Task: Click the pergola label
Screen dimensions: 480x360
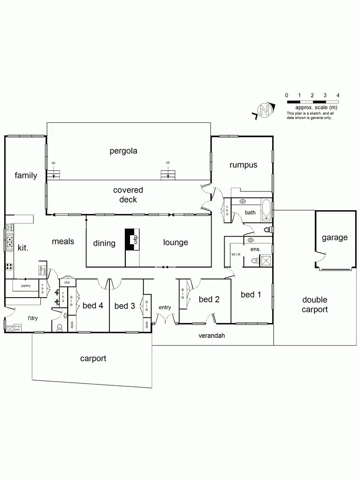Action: [123, 151]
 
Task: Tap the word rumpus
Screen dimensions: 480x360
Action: [243, 165]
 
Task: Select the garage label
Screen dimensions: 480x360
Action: [335, 237]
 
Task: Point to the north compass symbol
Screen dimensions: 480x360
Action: [264, 110]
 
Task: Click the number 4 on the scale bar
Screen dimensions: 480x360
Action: [338, 96]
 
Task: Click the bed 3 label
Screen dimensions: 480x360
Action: [124, 306]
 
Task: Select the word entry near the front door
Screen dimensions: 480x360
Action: [165, 307]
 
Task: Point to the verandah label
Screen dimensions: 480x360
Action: [212, 336]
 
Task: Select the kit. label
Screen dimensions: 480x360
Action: [23, 248]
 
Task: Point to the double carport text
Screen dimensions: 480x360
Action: [314, 304]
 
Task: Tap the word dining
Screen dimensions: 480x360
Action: [104, 243]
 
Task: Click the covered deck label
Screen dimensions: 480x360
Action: [128, 194]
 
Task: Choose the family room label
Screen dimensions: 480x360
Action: [25, 175]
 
